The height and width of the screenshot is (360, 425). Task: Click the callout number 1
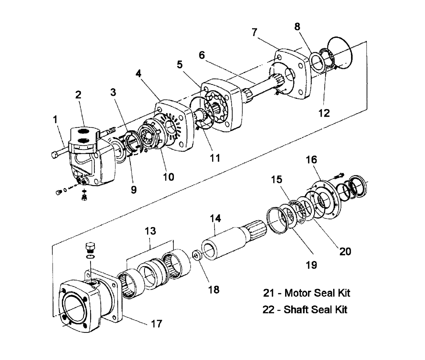[x=56, y=120]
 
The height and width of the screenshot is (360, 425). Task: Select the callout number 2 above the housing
[x=79, y=95]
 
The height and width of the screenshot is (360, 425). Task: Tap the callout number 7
[x=254, y=32]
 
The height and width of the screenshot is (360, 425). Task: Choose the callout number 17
[x=157, y=323]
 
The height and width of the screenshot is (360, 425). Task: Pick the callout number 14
[x=216, y=219]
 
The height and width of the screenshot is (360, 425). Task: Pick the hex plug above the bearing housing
[x=91, y=247]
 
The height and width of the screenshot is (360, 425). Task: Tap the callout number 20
[x=345, y=251]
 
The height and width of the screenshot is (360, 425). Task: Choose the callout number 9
[x=134, y=190]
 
